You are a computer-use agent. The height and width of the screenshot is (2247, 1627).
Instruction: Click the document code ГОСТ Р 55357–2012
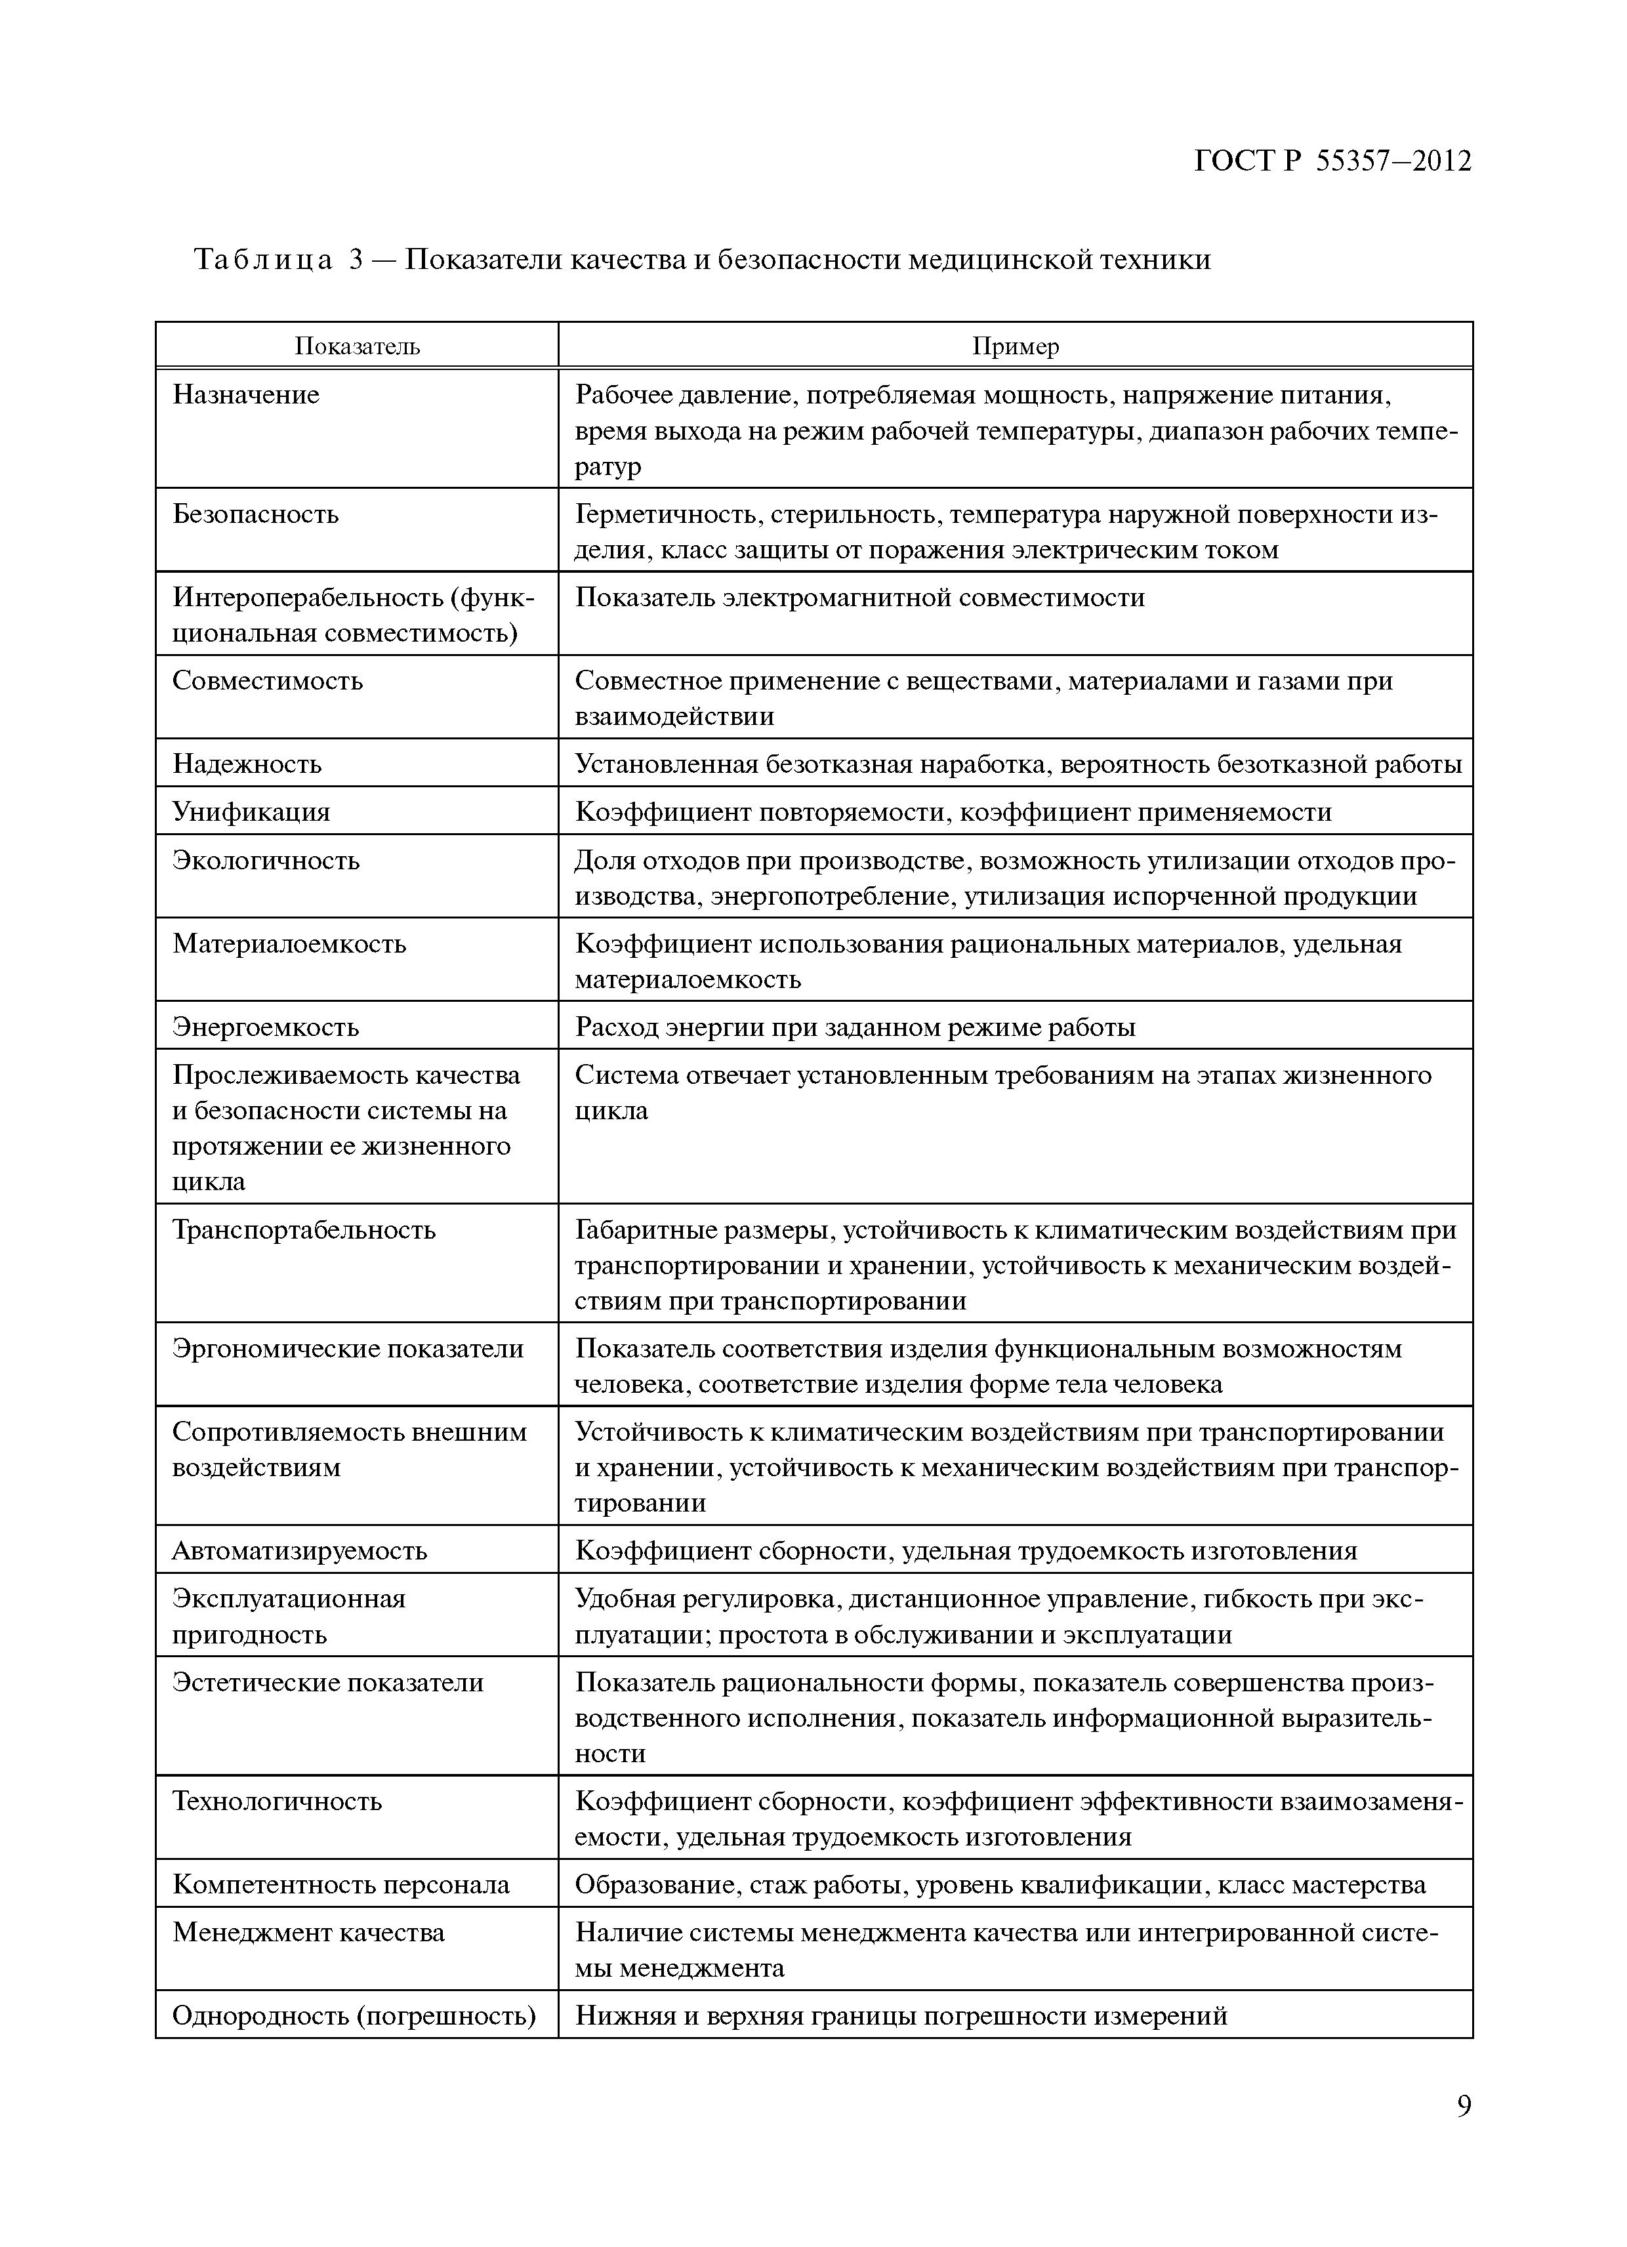[1332, 161]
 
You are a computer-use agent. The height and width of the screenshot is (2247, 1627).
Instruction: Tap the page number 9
[1464, 2133]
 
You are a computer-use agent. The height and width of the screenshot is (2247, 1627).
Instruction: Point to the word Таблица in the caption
[262, 260]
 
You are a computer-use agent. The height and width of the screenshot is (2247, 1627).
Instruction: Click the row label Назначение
[246, 394]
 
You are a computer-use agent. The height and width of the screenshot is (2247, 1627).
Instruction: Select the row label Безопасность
[256, 514]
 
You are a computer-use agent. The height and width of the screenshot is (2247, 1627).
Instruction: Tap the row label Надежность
[247, 764]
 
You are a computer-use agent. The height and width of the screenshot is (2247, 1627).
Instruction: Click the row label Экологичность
[266, 860]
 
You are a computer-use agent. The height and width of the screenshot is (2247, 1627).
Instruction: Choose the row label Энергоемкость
[266, 1027]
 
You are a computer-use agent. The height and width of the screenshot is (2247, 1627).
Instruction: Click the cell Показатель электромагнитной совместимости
[860, 598]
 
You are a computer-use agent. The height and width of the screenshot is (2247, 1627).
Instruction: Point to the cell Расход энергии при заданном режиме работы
[855, 1027]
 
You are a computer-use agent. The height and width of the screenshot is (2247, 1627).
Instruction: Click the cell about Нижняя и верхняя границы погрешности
[901, 2016]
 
